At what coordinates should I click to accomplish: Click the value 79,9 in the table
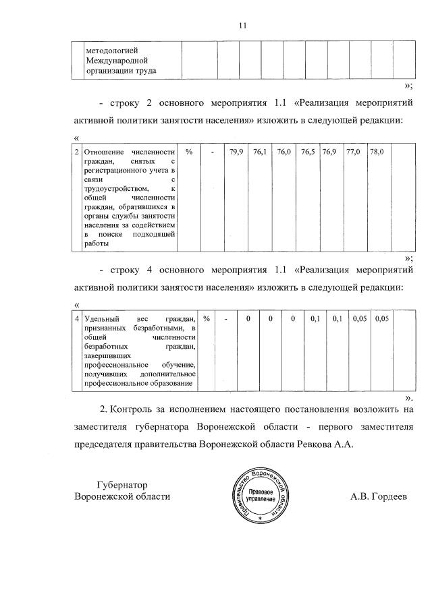click(x=236, y=153)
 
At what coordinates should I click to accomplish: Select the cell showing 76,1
click(x=260, y=153)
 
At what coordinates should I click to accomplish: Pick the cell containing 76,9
click(x=329, y=153)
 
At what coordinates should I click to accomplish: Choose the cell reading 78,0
click(x=377, y=153)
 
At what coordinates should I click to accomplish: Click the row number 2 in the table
click(x=76, y=153)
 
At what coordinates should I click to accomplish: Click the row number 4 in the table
click(x=76, y=318)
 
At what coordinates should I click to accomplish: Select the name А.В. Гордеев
click(x=379, y=497)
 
